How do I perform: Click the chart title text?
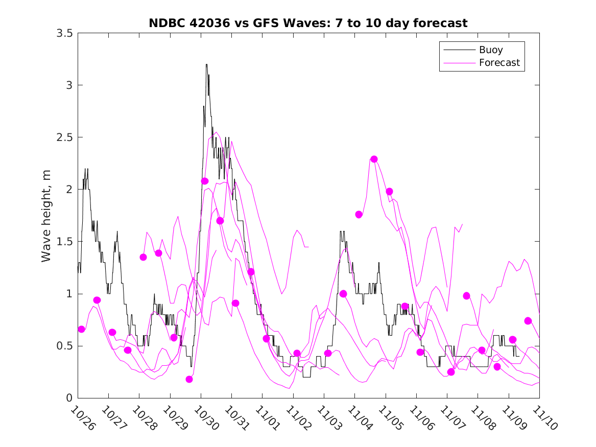308,23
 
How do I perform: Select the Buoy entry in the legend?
491,50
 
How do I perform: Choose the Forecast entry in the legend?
499,63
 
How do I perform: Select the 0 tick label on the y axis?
69,398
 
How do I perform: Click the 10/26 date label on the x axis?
83,417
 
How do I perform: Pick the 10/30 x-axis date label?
206,417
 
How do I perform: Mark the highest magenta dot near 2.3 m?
374,159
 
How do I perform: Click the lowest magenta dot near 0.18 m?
189,379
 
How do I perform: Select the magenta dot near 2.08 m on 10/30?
205,181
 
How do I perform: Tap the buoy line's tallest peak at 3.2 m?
206,64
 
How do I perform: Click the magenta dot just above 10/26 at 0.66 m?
82,329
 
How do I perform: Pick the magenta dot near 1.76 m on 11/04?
359,214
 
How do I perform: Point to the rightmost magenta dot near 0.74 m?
528,321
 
